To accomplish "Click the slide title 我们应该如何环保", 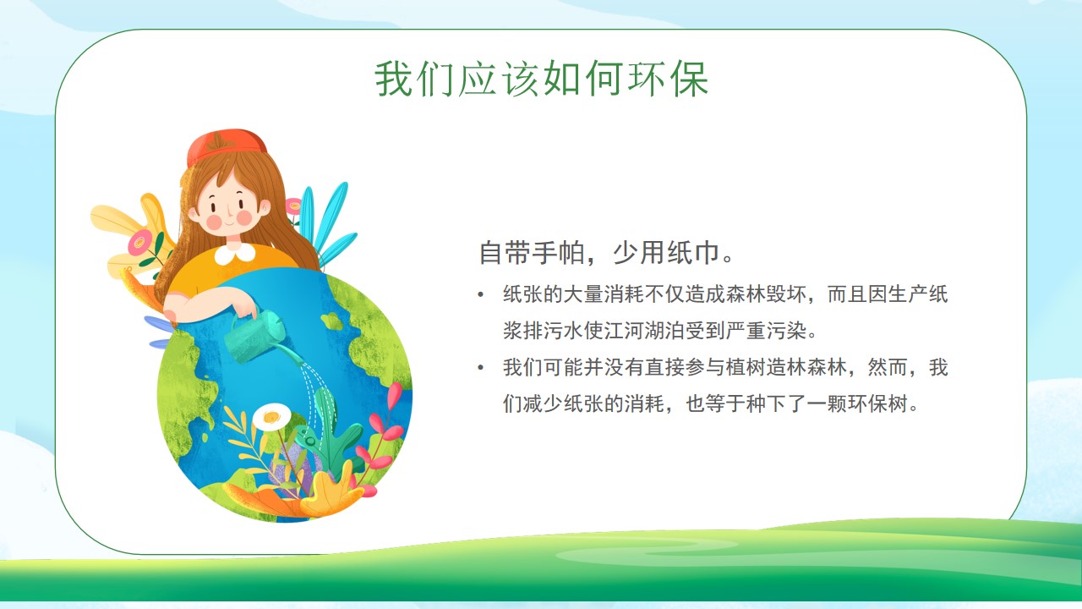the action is click(x=542, y=79).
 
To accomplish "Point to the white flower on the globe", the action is click(x=271, y=416).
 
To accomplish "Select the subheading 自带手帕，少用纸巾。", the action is click(x=607, y=252).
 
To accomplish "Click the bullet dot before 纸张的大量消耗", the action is click(x=481, y=294).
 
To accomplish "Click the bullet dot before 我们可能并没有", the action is click(x=481, y=368).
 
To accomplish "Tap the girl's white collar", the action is click(x=235, y=253).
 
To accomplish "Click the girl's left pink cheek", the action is click(x=214, y=222).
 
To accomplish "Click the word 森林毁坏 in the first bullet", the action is click(x=766, y=294).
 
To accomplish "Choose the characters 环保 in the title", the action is click(x=668, y=79).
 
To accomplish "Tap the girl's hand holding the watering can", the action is click(x=244, y=305).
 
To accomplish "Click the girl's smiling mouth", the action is click(x=230, y=224).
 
